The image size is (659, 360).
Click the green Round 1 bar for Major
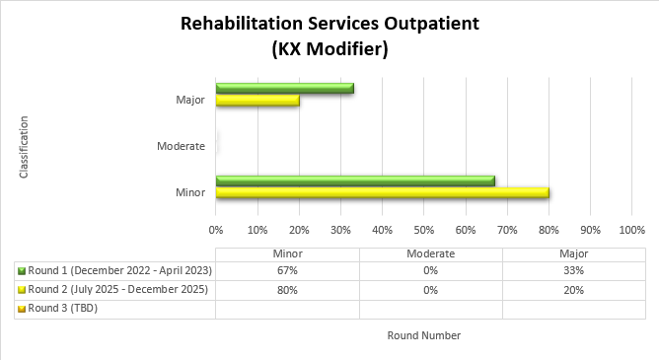[284, 89]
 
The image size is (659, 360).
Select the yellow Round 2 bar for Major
[257, 101]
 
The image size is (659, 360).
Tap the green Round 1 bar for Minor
[355, 180]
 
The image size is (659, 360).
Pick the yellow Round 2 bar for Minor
[382, 192]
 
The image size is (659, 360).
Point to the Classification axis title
[24, 147]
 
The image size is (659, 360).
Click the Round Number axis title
[423, 335]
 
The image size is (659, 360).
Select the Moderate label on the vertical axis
[181, 147]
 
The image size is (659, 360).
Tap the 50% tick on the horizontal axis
[423, 230]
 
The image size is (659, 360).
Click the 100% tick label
[630, 230]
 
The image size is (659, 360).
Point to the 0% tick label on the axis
[216, 230]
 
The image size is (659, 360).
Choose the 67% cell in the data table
[287, 271]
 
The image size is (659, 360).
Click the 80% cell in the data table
[287, 290]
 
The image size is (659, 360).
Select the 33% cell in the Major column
[573, 271]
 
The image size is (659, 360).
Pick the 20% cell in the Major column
[573, 290]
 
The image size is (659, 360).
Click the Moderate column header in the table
[430, 253]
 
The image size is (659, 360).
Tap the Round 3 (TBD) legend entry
[61, 309]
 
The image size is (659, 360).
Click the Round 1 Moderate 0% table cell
[430, 271]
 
